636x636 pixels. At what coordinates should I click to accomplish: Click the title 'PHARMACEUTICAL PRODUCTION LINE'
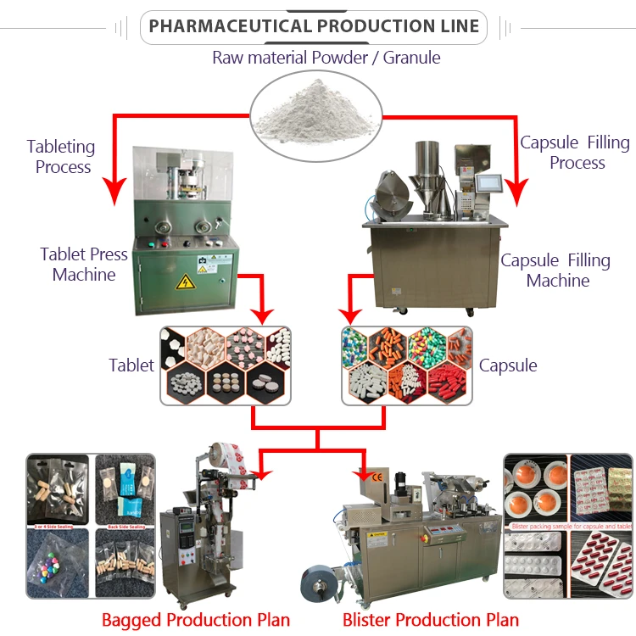click(314, 26)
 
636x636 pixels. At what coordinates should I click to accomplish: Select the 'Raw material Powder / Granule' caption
click(326, 58)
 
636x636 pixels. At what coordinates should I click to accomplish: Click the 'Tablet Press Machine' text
click(84, 264)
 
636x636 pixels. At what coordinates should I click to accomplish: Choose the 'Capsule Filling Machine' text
click(555, 270)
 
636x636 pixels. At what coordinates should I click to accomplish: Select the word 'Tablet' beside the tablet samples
click(131, 365)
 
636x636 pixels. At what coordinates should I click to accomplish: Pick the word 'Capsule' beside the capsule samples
click(508, 365)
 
